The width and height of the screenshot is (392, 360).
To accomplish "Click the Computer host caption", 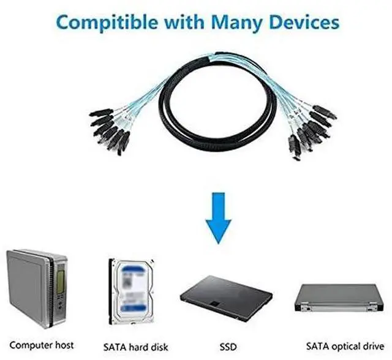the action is [x=42, y=345].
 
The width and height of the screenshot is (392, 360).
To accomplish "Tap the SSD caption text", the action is [x=227, y=345].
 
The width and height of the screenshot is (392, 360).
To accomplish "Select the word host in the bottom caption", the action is [x=64, y=345].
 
